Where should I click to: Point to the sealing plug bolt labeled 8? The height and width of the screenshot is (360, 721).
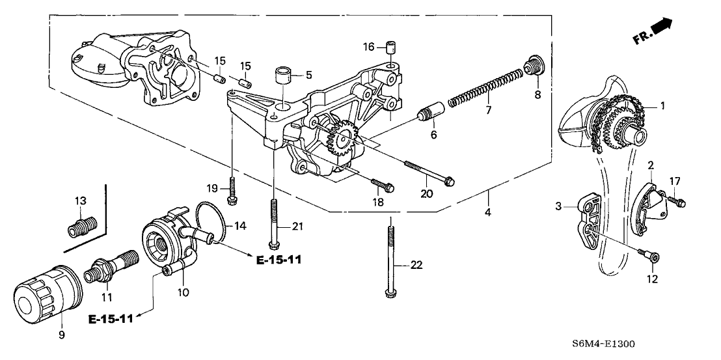(534, 66)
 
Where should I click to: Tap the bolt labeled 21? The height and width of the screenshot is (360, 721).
(275, 221)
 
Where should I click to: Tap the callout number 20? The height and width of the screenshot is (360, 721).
(427, 193)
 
